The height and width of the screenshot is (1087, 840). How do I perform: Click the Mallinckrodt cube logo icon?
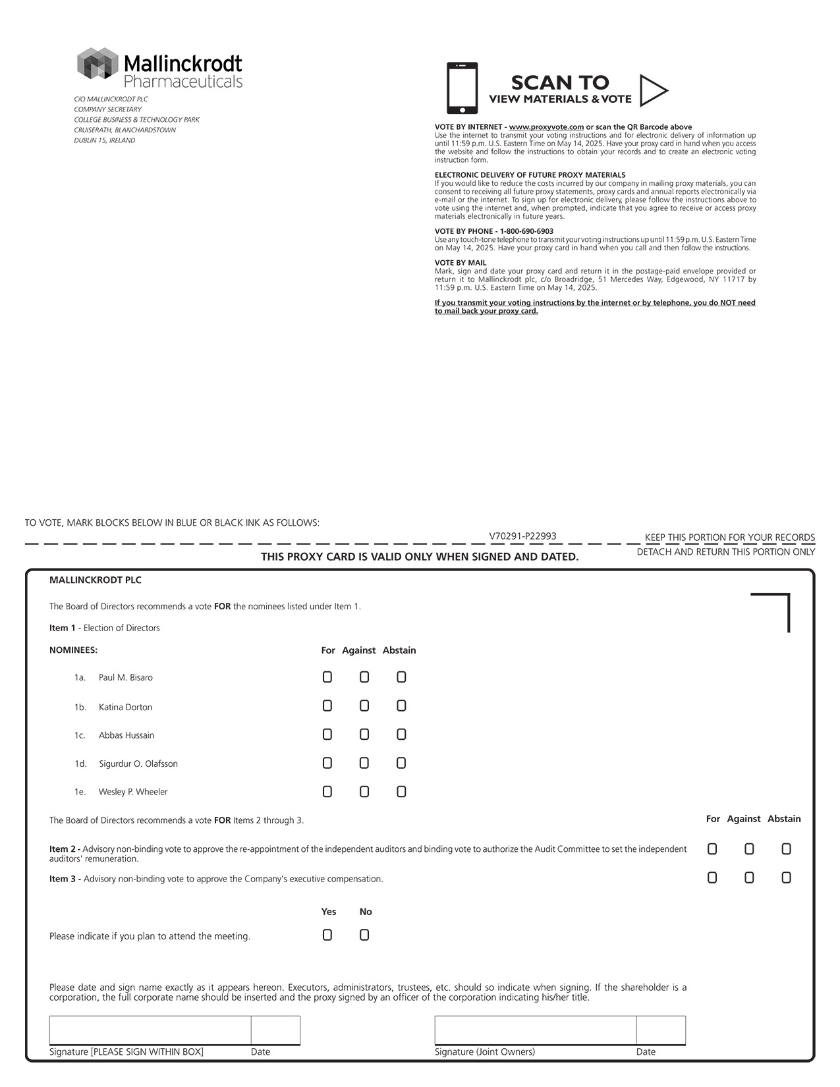tap(97, 64)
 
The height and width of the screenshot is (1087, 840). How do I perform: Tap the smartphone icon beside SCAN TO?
tap(462, 88)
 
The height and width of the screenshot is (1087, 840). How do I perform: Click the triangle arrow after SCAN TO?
tap(653, 91)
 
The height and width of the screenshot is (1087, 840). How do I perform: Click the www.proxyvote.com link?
tap(546, 127)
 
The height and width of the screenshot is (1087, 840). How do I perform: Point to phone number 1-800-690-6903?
tap(526, 231)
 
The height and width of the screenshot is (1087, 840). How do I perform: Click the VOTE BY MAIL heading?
tap(461, 263)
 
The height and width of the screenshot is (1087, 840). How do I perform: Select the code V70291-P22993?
tap(522, 536)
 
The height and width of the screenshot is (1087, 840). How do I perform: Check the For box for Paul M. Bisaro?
tap(327, 677)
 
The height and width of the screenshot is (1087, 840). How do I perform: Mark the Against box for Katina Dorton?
tap(364, 706)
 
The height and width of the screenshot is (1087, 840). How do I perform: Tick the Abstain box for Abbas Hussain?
tap(401, 735)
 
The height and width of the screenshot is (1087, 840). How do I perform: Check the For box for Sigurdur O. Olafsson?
tap(327, 764)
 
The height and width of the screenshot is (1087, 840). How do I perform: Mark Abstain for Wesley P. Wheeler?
tap(401, 792)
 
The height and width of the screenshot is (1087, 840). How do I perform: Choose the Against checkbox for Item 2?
tap(749, 849)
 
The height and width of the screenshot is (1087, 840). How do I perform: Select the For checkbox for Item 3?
tap(712, 878)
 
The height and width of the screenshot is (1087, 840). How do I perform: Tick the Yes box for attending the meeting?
tap(327, 935)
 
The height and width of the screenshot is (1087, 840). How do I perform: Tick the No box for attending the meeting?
tap(364, 935)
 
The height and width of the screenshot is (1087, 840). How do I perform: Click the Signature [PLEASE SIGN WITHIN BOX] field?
tap(150, 1030)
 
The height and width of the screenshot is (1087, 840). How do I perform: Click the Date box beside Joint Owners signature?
tap(661, 1030)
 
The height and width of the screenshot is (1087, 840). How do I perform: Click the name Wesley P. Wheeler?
tap(133, 792)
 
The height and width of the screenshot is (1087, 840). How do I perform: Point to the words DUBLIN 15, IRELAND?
tap(105, 140)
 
